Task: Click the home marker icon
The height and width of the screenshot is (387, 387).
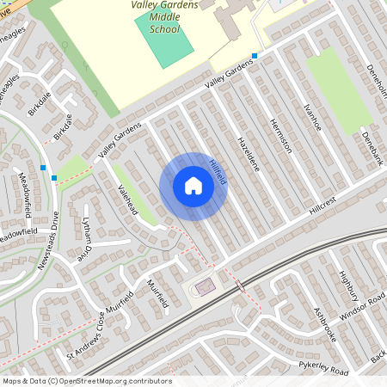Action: (x=193, y=186)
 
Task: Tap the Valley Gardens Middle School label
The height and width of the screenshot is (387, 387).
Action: (x=163, y=16)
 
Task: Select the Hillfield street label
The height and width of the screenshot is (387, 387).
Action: (x=216, y=166)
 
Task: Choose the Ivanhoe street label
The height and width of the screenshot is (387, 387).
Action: (x=312, y=114)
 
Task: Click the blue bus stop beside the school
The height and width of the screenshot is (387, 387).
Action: (x=254, y=56)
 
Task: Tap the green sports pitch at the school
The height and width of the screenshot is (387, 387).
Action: (x=163, y=39)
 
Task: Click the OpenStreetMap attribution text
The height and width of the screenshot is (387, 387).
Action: (x=86, y=381)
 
